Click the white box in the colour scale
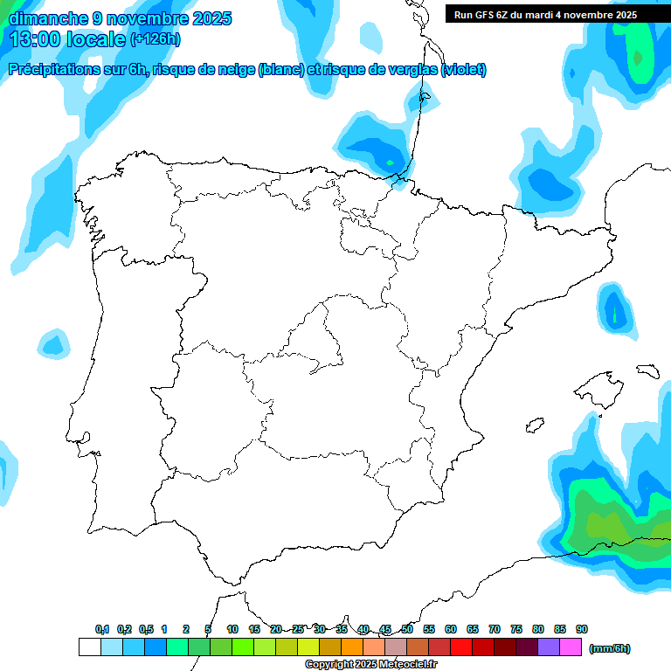[89, 647]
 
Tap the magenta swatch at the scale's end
[571, 647]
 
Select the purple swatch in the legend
[549, 647]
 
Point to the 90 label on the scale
[582, 629]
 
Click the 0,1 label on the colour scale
[102, 629]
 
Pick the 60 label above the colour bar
[451, 629]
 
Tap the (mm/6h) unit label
[610, 648]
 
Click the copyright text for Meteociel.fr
[370, 665]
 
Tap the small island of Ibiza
[533, 426]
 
